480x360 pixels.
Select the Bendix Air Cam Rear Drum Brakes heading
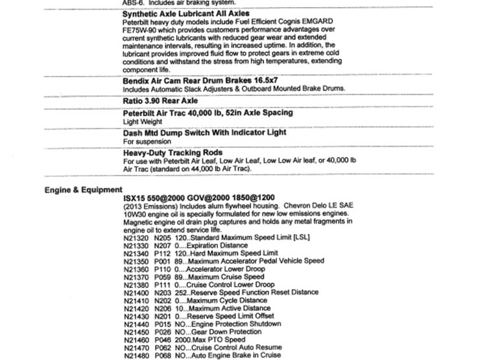click(204, 81)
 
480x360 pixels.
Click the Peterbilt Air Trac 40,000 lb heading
click(208, 113)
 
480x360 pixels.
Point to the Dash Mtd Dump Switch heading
click(204, 133)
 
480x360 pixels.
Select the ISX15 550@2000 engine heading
click(198, 198)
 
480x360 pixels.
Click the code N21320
click(136, 239)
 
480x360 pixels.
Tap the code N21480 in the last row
click(136, 355)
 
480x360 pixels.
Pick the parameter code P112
click(163, 254)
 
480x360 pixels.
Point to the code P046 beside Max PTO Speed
click(163, 339)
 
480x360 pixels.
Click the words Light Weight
click(142, 122)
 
